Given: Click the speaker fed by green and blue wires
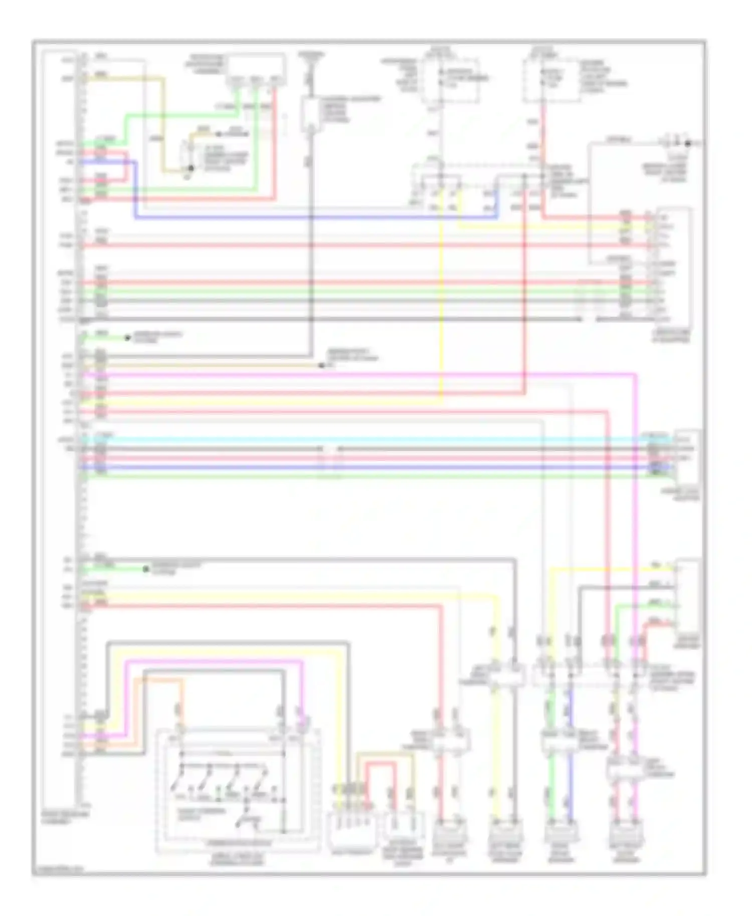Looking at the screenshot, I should [x=560, y=832].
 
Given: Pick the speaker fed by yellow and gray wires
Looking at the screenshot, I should [x=505, y=832].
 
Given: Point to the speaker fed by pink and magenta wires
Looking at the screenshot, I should [x=626, y=832].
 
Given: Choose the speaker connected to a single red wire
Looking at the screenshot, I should [x=449, y=832].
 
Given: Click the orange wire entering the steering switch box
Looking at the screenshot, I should [x=181, y=702].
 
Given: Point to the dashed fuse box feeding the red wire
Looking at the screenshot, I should [x=551, y=80].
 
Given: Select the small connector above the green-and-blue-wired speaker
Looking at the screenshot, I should [x=560, y=742].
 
